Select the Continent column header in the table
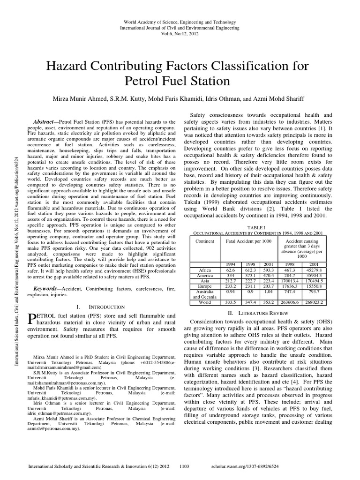pos(205,241)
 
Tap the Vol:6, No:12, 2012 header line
pos(180,35)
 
